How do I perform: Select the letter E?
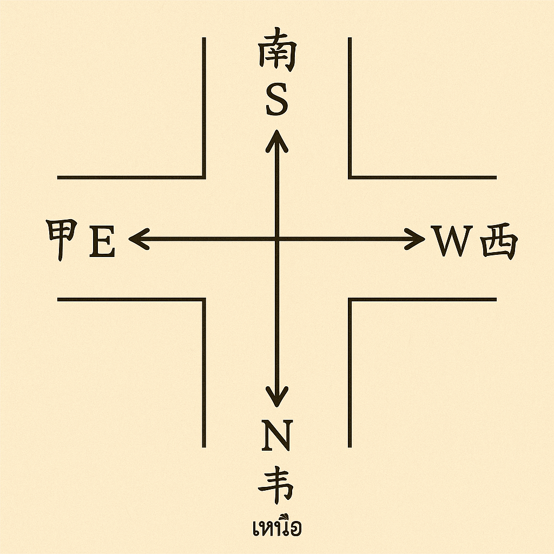point(102,242)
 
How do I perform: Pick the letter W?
point(452,242)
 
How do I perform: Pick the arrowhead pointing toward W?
point(417,239)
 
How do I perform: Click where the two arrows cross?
point(276,239)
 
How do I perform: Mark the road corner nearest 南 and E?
point(204,177)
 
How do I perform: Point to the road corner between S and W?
point(349,177)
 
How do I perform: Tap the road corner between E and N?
point(204,299)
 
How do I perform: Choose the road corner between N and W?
point(349,299)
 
